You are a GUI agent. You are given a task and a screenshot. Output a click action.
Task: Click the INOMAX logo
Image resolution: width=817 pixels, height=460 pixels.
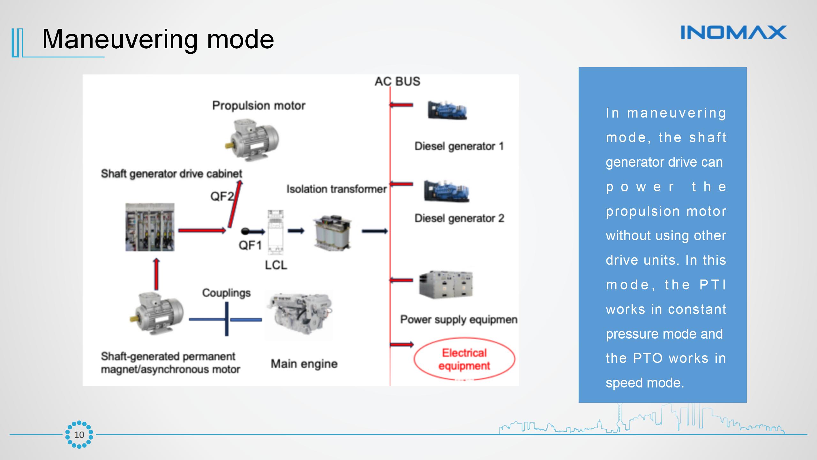coord(733,33)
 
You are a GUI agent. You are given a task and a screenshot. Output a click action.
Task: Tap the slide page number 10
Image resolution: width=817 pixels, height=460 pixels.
coord(79,435)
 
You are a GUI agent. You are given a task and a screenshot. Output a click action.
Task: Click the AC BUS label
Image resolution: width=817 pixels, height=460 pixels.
coord(397,81)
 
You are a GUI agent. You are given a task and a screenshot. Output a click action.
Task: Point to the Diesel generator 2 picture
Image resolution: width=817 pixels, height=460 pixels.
coord(446,191)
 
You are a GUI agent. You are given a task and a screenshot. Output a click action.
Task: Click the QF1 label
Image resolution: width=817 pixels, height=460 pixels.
coord(250,245)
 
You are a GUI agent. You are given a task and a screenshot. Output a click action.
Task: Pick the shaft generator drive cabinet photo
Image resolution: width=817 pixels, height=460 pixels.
coord(150,227)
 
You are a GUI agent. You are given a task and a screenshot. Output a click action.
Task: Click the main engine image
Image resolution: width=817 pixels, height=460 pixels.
coord(299,316)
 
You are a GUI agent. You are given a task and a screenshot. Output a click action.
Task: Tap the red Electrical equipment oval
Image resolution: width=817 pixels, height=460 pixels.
coord(464,359)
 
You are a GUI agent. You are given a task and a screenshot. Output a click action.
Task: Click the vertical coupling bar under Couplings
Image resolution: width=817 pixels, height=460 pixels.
coord(227,319)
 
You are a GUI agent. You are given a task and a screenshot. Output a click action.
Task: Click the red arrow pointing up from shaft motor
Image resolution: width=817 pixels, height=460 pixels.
coord(156,274)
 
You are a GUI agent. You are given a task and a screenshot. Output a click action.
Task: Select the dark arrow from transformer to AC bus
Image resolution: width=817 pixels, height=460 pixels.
coord(374,231)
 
